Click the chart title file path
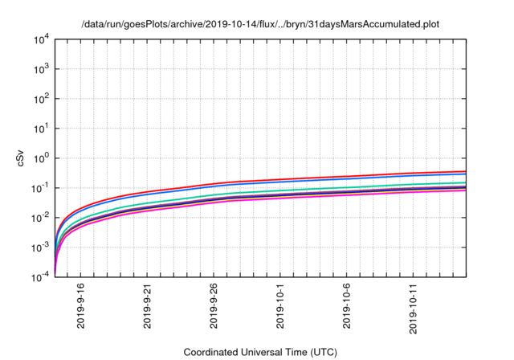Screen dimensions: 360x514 [x=261, y=24]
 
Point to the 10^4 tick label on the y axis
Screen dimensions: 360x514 [x=43, y=39]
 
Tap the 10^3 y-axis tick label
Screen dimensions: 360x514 [x=43, y=69]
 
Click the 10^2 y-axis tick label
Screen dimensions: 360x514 [x=43, y=99]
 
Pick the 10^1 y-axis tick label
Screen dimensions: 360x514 [x=43, y=128]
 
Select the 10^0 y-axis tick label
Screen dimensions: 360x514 [x=43, y=157]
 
